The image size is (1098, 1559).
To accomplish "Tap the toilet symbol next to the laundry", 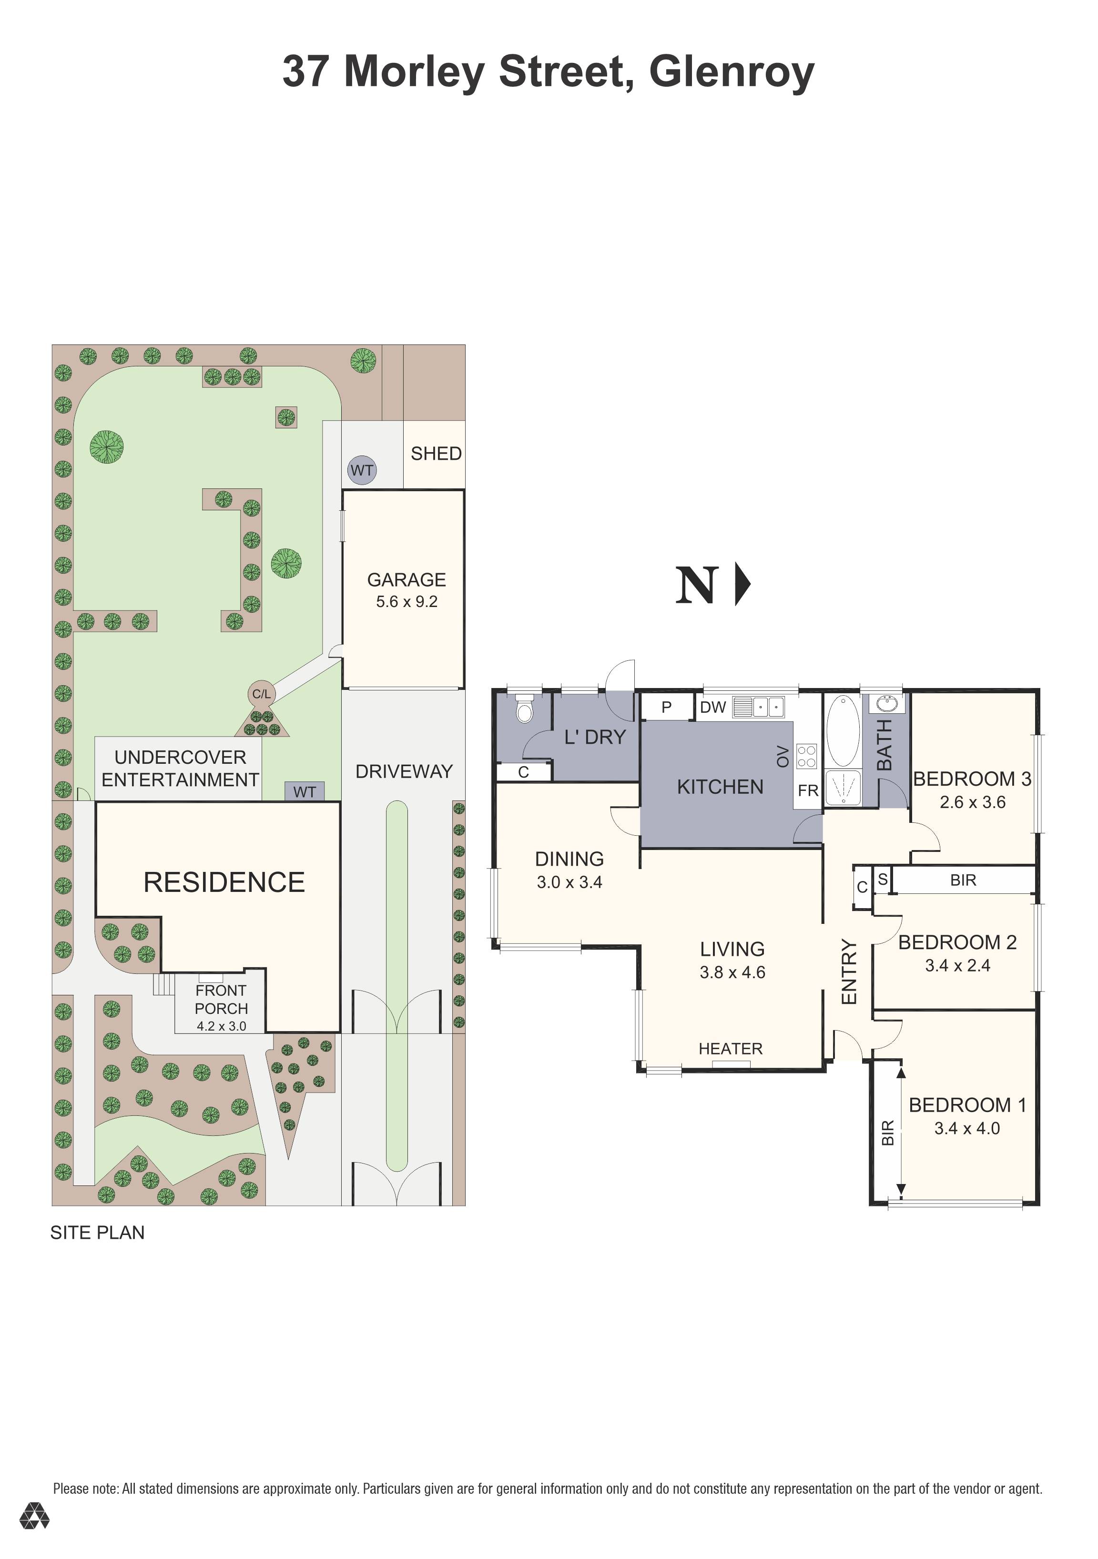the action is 524,708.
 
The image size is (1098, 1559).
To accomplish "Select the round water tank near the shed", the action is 362,470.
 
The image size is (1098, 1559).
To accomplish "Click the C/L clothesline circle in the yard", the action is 262,694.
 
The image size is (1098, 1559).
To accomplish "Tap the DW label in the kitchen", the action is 713,707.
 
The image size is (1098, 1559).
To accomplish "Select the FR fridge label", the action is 808,790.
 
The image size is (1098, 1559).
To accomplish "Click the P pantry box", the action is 667,707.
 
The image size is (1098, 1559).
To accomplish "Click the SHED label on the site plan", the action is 436,454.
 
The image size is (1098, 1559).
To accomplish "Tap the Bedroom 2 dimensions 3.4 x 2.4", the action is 957,965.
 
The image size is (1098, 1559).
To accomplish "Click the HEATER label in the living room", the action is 731,1049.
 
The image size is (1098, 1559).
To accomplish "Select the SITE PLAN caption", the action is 98,1233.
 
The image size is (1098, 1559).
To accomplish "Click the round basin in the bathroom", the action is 887,704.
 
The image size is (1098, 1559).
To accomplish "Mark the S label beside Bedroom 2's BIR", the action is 882,880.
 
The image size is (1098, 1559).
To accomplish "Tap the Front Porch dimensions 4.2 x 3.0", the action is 222,1026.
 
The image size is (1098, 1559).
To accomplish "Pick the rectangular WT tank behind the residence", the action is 304,792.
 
